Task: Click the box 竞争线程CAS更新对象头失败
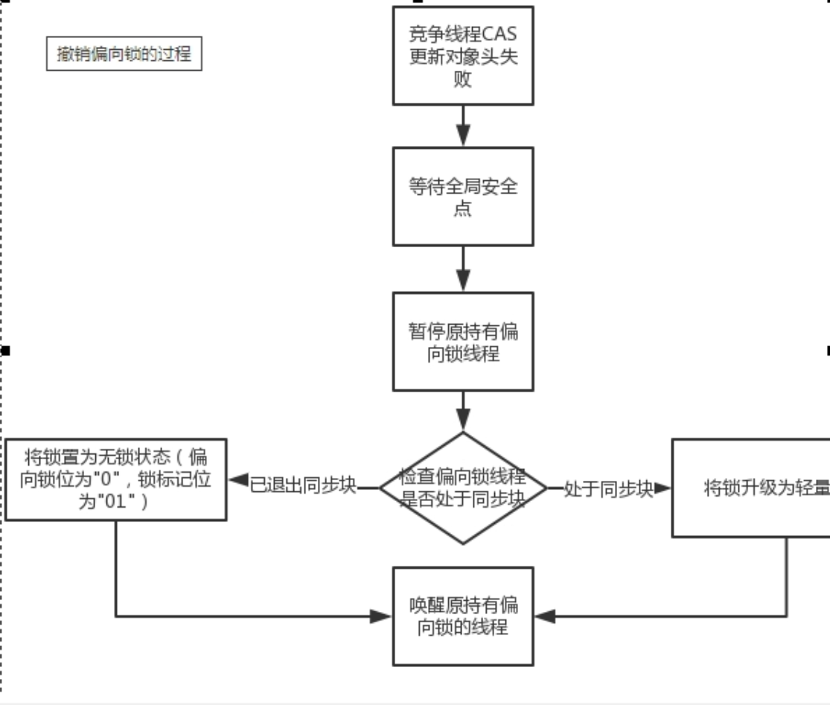pos(463,56)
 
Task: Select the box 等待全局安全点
pos(463,197)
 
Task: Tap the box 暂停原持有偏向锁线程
pos(463,342)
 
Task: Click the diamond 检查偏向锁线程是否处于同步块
pos(463,488)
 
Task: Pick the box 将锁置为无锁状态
pos(116,479)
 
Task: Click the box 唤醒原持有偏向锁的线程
pos(463,616)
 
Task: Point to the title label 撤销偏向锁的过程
pos(124,54)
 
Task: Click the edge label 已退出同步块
pos(303,488)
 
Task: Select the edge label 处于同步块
pos(608,488)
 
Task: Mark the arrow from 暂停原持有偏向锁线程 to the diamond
pos(463,412)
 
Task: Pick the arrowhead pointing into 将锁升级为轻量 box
pos(663,488)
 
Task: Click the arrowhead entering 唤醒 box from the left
pos(382,616)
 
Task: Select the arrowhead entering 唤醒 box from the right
pos(545,616)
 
